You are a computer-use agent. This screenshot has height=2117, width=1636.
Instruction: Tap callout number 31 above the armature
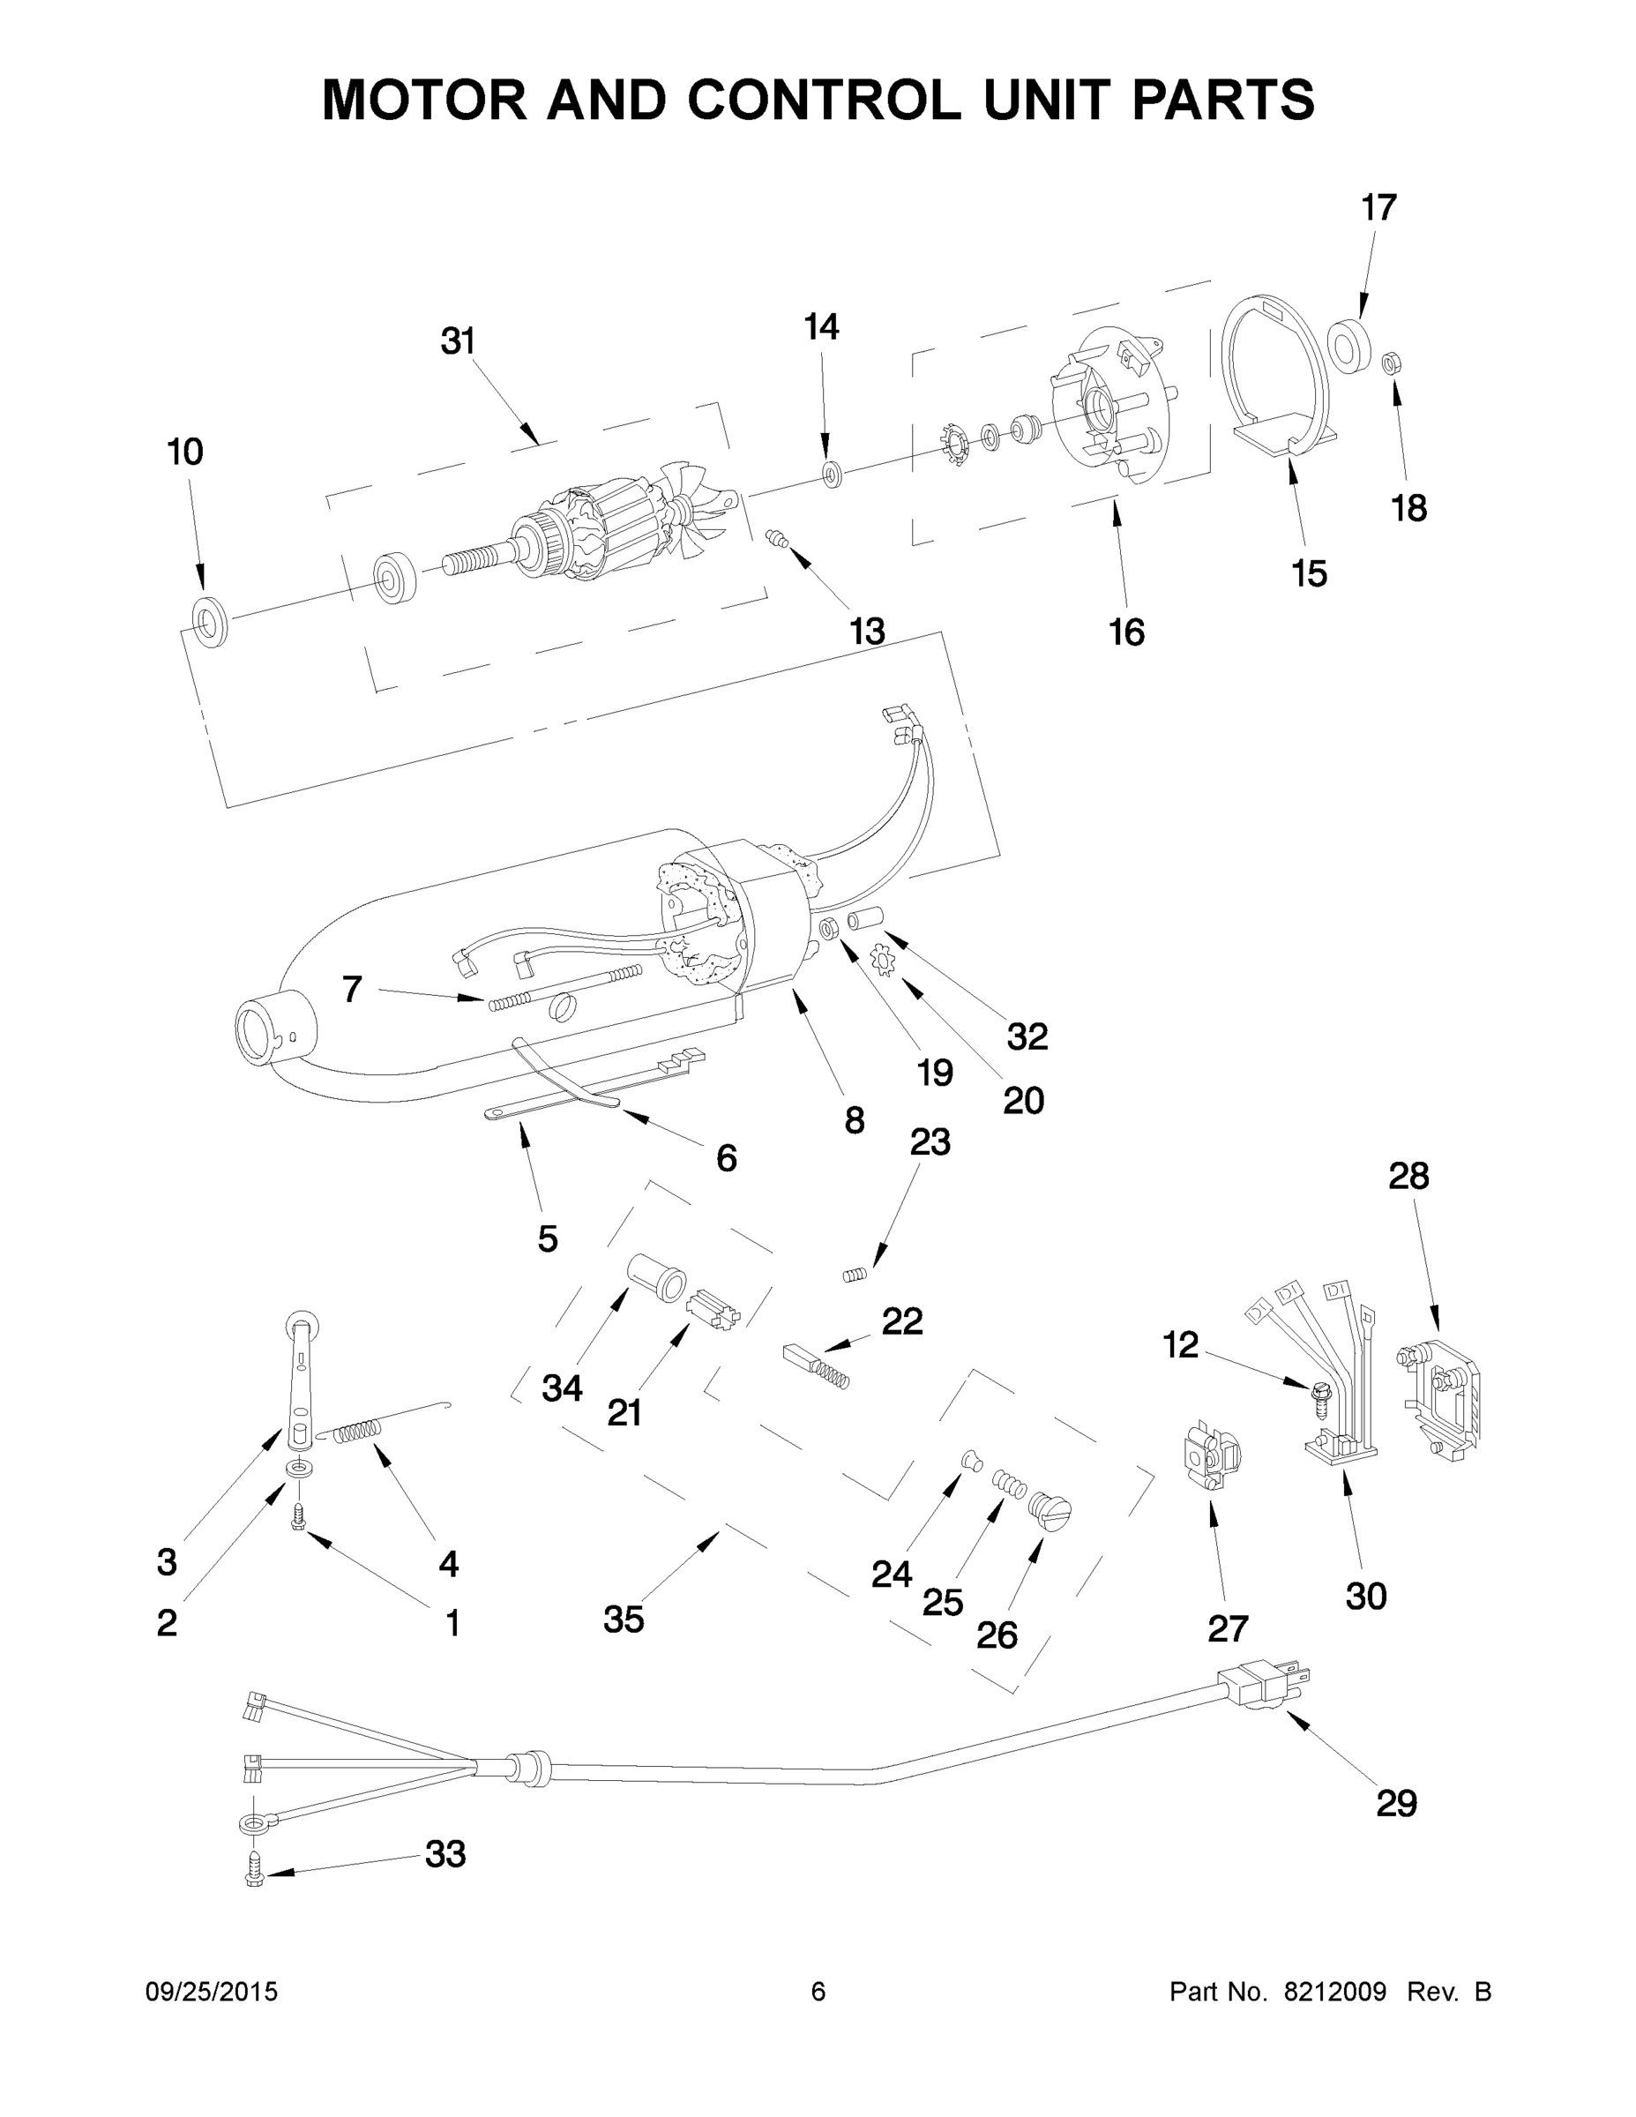coord(458,341)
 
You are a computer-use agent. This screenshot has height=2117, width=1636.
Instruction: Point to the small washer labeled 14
coord(832,474)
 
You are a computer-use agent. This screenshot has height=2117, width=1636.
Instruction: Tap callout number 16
coord(1126,632)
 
